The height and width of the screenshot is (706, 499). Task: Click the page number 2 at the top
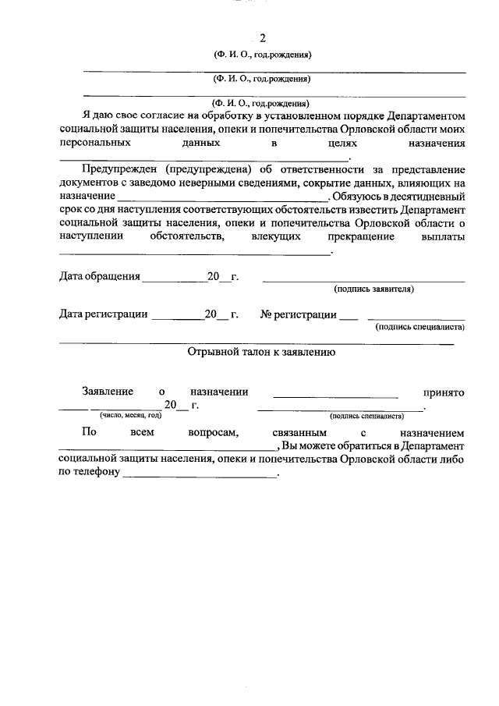pyautogui.click(x=263, y=38)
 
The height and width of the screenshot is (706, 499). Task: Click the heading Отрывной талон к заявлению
pyautogui.click(x=262, y=352)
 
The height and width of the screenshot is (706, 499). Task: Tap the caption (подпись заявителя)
pyautogui.click(x=373, y=289)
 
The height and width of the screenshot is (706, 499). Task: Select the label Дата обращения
pyautogui.click(x=100, y=276)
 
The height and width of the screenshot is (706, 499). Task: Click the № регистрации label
pyautogui.click(x=299, y=314)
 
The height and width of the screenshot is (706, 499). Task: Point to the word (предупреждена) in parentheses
pyautogui.click(x=207, y=169)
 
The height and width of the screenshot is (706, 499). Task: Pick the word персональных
pyautogui.click(x=94, y=144)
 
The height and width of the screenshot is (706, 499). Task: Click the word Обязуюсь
pyautogui.click(x=362, y=197)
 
